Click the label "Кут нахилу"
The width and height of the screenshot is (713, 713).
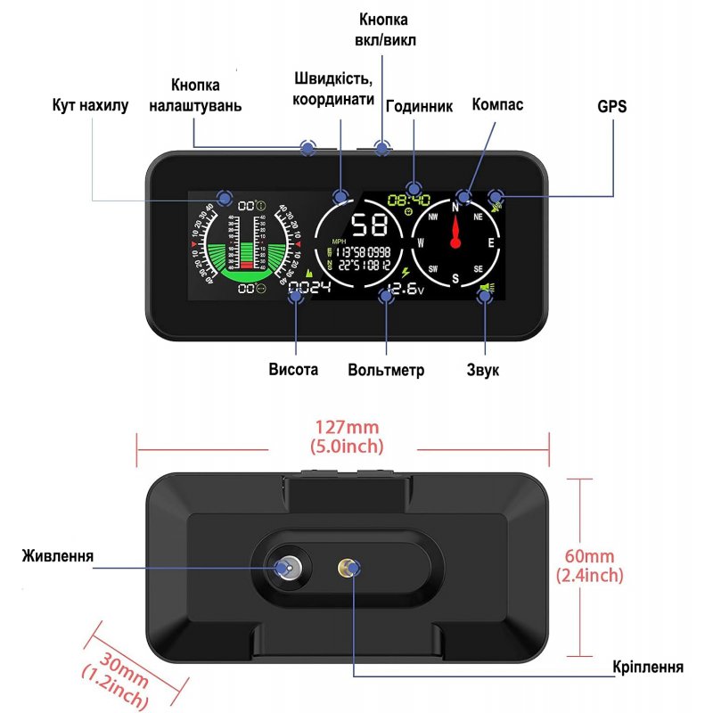click(90, 106)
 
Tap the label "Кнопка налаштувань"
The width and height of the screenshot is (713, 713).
click(207, 95)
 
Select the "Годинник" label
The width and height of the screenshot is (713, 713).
click(419, 106)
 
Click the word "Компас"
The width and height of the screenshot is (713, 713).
click(497, 104)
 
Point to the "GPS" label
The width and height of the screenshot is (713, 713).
click(612, 106)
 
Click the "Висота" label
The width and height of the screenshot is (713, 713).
click(293, 369)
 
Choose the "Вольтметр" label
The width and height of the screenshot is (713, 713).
click(386, 370)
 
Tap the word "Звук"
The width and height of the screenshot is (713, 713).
click(483, 369)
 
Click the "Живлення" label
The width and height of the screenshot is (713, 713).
click(58, 557)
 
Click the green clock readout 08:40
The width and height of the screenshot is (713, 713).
click(409, 201)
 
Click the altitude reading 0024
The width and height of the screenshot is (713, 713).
click(308, 288)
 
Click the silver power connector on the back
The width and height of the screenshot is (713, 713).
click(288, 568)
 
